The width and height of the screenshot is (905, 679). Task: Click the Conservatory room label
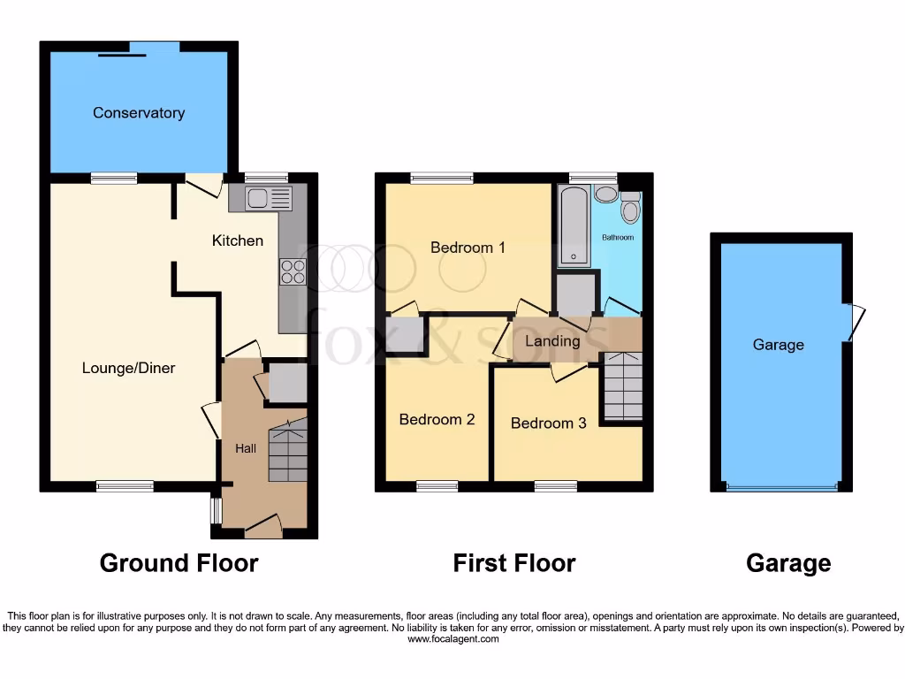coord(139,113)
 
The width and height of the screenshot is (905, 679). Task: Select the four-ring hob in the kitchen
coord(293,271)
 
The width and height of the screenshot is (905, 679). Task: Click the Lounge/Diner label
coord(129,368)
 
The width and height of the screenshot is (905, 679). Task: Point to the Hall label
coord(245,449)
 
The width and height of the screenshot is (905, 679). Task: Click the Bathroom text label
coord(618,238)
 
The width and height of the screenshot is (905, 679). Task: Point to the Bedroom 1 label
coord(468,248)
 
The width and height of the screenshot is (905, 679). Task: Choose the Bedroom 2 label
coord(437,419)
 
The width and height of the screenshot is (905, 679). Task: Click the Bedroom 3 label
coord(548,423)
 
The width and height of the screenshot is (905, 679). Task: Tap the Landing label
coord(552,341)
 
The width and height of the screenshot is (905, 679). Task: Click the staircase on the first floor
coord(621,386)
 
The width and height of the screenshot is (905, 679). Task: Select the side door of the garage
coord(854,323)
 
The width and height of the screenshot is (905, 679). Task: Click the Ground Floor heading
coord(179,563)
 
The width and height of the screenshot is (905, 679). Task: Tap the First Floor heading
coord(514,563)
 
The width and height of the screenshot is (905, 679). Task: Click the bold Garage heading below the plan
coord(788,563)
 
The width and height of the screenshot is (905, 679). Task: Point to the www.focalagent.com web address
coord(452,639)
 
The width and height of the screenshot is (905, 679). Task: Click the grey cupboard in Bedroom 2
coord(405,333)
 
